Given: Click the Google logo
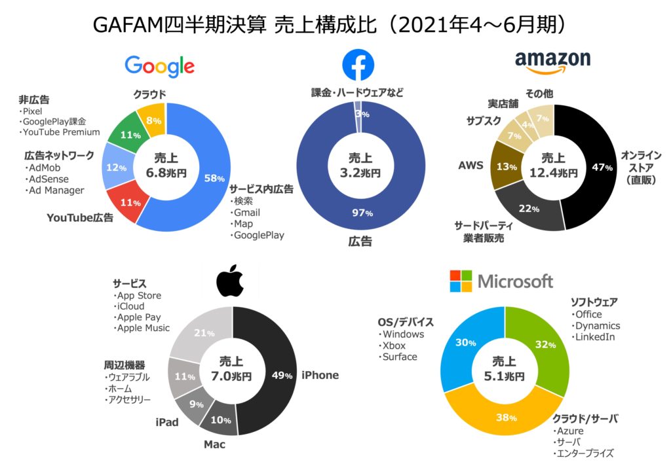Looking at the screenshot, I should click(x=159, y=66).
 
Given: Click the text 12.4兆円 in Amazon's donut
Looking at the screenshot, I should click(x=553, y=173).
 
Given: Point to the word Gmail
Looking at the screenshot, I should click(x=247, y=212).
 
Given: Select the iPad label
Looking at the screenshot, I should click(x=167, y=422).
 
